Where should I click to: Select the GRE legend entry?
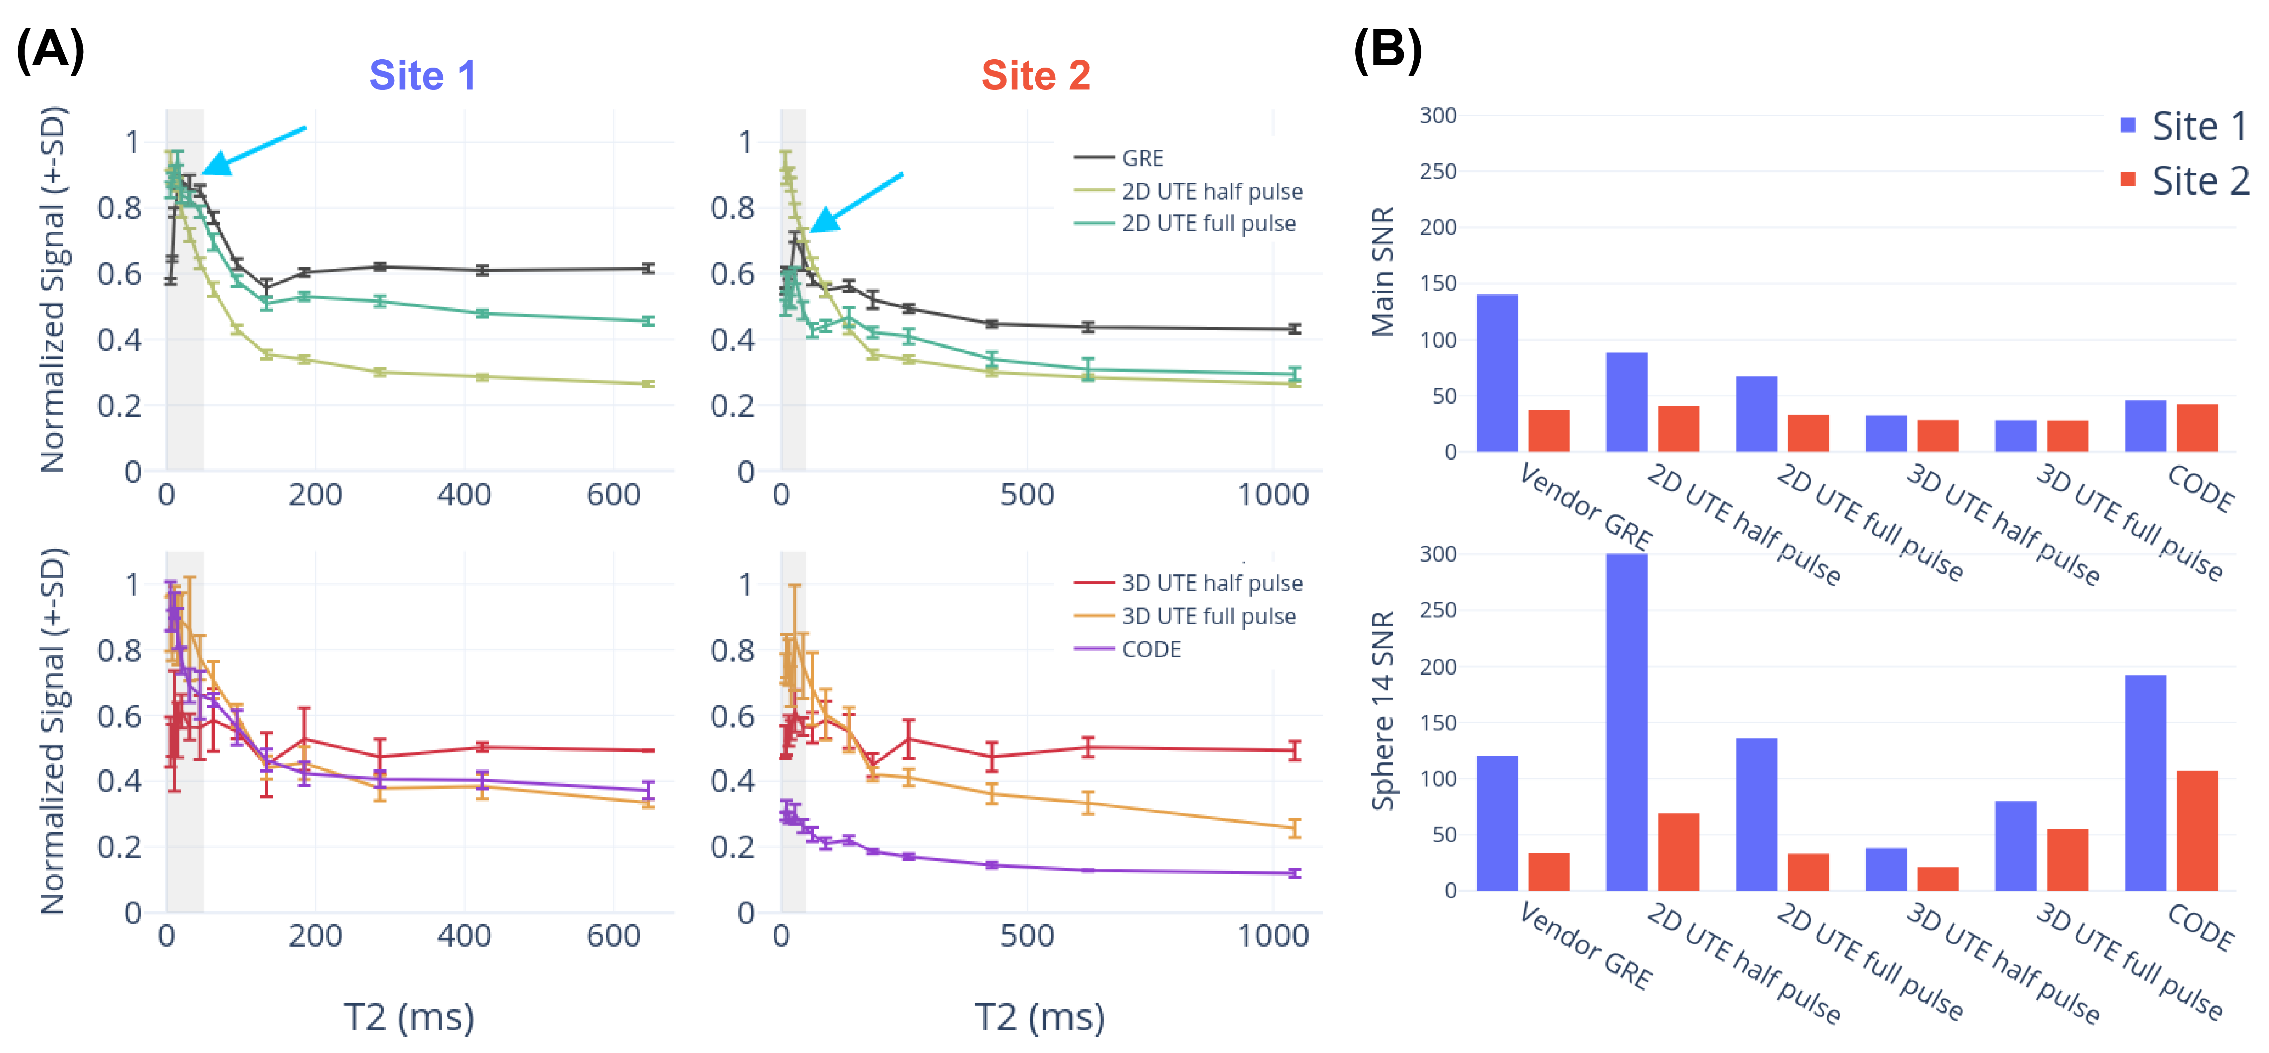click(x=1141, y=158)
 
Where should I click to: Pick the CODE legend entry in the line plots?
click(x=1150, y=650)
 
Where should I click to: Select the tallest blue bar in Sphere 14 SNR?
click(x=1626, y=722)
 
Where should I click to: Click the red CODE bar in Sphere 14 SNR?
click(x=2197, y=830)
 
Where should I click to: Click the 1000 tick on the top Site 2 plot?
click(x=1273, y=495)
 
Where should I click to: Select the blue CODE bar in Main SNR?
click(x=2145, y=426)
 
